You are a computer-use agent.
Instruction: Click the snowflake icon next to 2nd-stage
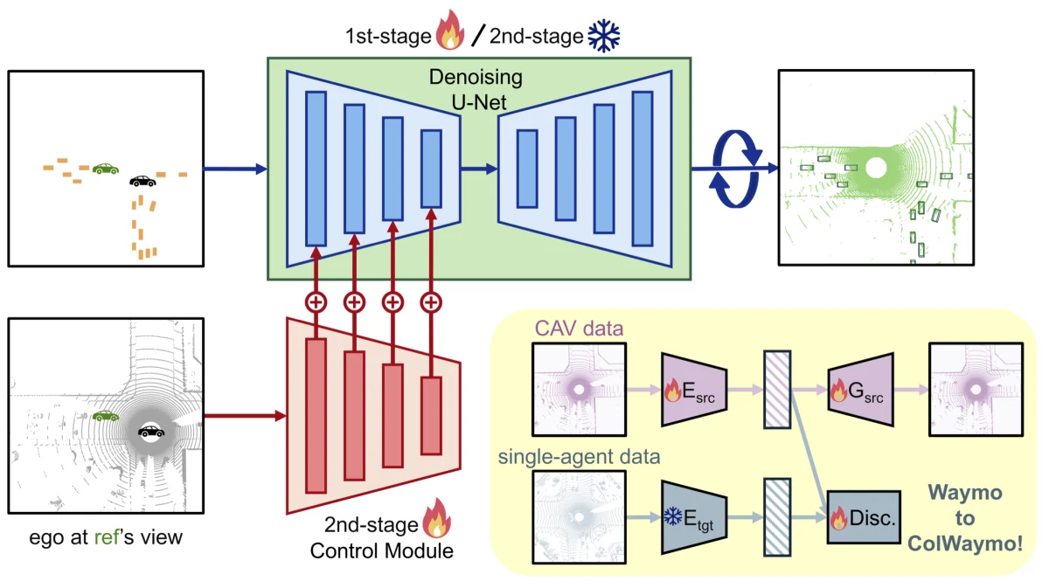click(x=604, y=36)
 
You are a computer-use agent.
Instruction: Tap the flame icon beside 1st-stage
click(x=450, y=30)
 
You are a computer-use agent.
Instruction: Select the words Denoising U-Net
click(x=476, y=89)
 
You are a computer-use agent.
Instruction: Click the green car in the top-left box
click(x=106, y=169)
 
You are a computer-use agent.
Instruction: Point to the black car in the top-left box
click(x=142, y=181)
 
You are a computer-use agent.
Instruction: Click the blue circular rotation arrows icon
click(x=735, y=169)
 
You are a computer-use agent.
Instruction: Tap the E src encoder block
click(x=694, y=390)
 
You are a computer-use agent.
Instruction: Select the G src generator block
click(x=861, y=390)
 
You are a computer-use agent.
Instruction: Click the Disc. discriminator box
click(x=864, y=517)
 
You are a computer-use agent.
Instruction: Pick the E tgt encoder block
click(x=694, y=518)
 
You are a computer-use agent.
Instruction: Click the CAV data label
click(x=579, y=329)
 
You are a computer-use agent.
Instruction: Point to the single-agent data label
click(x=579, y=457)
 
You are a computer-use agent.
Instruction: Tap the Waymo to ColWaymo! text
click(x=965, y=518)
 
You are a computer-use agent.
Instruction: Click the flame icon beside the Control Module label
click(x=436, y=518)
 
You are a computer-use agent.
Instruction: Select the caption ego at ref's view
click(x=106, y=537)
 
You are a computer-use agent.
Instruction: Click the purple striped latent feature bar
click(x=777, y=390)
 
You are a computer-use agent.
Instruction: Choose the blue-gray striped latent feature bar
click(x=777, y=517)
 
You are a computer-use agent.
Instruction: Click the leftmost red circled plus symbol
click(x=316, y=302)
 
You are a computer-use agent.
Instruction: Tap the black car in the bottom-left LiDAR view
click(x=150, y=432)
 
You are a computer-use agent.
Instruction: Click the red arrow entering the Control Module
click(x=246, y=416)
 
